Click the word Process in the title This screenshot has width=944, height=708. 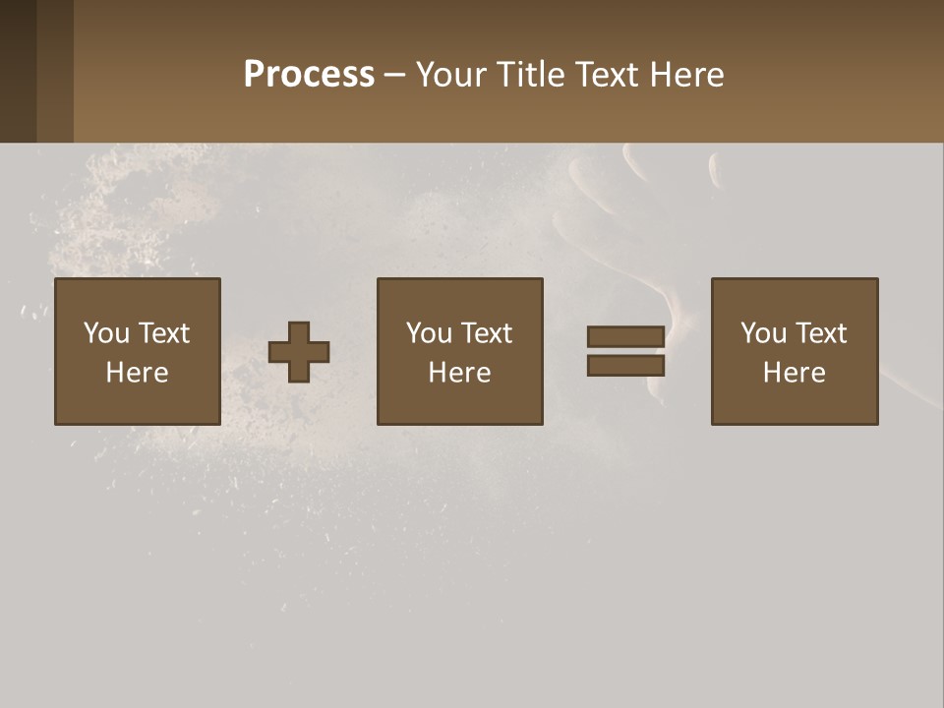(309, 75)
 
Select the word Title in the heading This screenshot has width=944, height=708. (531, 75)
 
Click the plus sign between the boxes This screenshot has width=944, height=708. (299, 352)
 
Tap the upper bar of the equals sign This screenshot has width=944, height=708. (625, 336)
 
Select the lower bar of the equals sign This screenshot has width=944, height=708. (625, 366)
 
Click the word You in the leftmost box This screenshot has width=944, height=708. (106, 333)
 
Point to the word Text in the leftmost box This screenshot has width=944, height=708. (162, 333)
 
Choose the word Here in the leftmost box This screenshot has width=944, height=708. (137, 373)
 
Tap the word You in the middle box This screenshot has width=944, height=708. (429, 333)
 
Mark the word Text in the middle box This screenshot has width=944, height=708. (485, 333)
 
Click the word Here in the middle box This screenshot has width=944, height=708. (459, 373)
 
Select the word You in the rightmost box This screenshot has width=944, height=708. (763, 333)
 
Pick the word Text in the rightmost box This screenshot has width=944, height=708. (819, 333)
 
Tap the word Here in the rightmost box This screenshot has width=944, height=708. (794, 373)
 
